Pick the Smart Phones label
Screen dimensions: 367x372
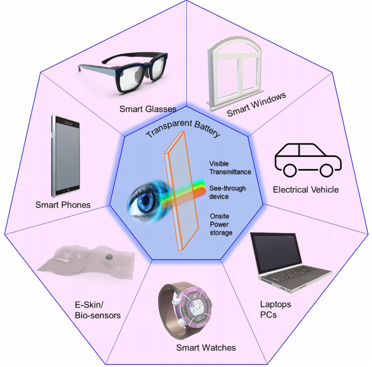[63, 205]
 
